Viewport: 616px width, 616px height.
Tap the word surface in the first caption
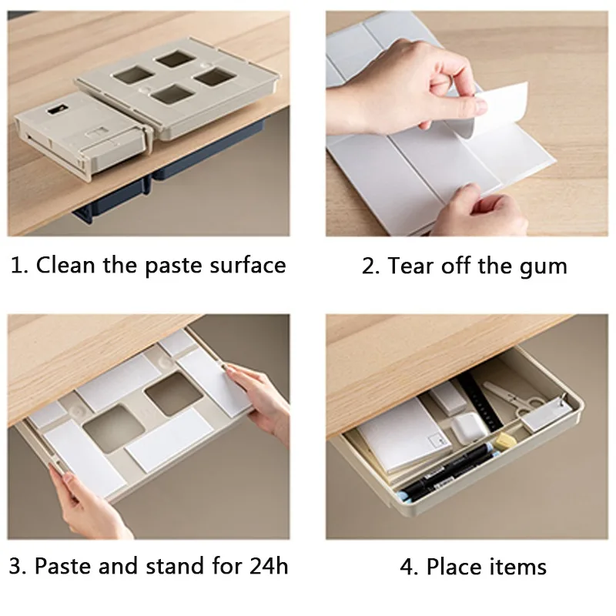(x=246, y=265)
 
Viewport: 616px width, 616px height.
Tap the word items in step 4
(x=518, y=567)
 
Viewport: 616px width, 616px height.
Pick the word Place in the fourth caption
(x=455, y=567)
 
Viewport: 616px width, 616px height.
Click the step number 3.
(x=15, y=567)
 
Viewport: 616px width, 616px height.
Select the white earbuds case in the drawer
(x=467, y=426)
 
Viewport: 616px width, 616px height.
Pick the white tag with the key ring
(x=546, y=417)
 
